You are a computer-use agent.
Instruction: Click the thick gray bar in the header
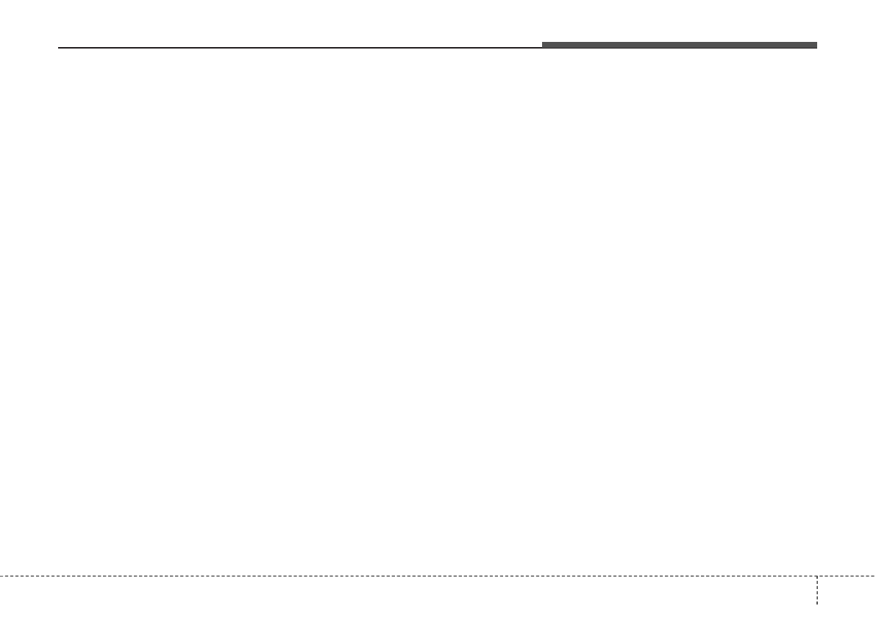(x=680, y=45)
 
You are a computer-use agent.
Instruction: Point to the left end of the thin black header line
(x=59, y=48)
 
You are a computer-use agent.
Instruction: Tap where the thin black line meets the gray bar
(x=543, y=47)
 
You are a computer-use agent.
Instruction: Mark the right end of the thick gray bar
(x=816, y=45)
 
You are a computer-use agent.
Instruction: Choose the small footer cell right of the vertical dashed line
(x=847, y=596)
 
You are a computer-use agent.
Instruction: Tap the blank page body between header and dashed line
(x=438, y=309)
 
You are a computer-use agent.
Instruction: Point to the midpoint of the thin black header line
(x=301, y=48)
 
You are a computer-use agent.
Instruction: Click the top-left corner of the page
(x=1, y=1)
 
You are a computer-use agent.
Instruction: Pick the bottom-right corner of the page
(x=875, y=616)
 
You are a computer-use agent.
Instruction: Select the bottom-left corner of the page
(x=1, y=616)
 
